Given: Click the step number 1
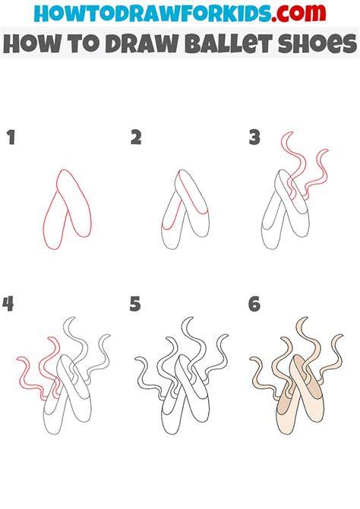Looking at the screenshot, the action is (11, 138).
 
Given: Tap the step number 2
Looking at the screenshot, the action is (136, 138).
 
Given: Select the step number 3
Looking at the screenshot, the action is (254, 138).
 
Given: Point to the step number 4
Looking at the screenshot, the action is (8, 304).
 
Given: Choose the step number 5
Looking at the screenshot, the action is (135, 305).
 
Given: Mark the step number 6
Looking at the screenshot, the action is (254, 305).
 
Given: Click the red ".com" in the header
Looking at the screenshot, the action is (298, 13).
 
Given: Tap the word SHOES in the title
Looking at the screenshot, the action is (317, 43).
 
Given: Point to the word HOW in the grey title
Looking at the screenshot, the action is (32, 43).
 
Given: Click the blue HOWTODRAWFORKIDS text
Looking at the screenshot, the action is (152, 13).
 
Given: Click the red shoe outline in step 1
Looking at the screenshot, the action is (68, 209).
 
